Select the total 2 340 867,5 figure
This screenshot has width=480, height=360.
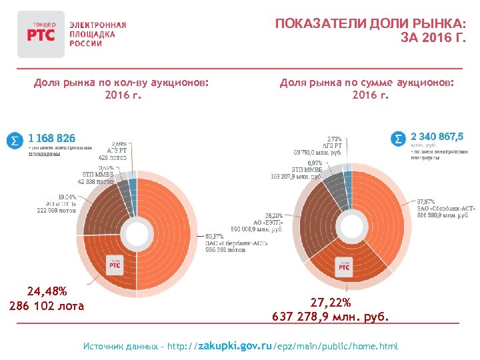click(437, 137)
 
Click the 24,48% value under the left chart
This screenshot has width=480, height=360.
click(47, 291)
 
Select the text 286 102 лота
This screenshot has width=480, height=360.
click(47, 306)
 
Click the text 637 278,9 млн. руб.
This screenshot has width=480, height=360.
click(331, 316)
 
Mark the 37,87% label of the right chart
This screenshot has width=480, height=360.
click(425, 200)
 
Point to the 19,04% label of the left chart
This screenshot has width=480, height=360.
click(67, 197)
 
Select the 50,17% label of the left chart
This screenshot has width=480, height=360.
click(214, 235)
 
